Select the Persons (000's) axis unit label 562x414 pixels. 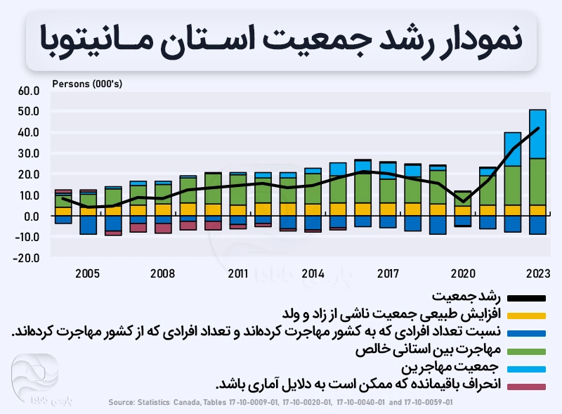pos(87,84)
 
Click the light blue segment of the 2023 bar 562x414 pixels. pos(538,134)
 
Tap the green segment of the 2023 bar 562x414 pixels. pos(538,181)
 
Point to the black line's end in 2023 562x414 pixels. pos(538,128)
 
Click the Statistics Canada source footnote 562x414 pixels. pos(281,403)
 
